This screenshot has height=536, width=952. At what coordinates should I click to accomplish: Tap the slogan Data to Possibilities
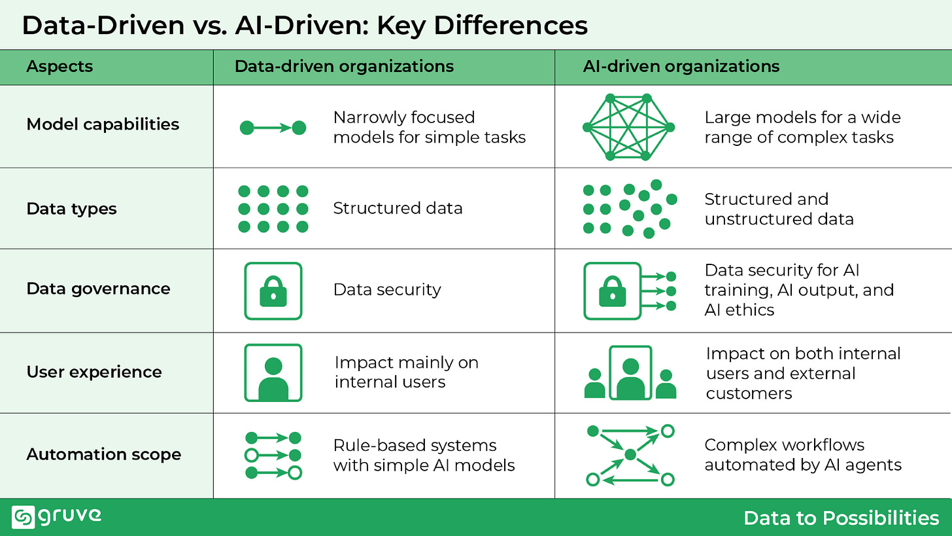point(841,518)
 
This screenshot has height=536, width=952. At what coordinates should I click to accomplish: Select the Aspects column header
point(59,66)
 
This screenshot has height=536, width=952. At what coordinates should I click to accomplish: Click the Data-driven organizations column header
point(344,66)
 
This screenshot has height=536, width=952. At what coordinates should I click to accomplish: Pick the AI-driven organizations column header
point(681,66)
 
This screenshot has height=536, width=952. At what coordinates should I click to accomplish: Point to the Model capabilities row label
point(103,124)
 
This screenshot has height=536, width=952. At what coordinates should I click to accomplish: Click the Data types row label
point(72,209)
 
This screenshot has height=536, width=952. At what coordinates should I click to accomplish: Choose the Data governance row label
point(98,289)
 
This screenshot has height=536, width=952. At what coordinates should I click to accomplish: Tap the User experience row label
point(94,372)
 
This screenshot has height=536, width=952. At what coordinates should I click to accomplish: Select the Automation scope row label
point(103,454)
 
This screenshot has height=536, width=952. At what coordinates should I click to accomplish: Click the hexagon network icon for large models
point(628,127)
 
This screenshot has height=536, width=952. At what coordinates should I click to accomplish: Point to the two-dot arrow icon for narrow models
point(273,128)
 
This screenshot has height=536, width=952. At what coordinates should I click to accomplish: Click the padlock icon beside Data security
point(273,291)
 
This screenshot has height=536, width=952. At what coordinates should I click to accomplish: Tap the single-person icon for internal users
point(273,372)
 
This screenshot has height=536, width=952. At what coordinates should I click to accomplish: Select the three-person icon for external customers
point(630,372)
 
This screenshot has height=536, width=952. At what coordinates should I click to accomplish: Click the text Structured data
point(398,208)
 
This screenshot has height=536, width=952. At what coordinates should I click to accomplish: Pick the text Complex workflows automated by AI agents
point(803,455)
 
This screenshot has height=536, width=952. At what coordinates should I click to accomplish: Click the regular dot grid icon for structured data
point(273,209)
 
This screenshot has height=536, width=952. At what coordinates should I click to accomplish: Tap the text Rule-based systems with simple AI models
point(424,455)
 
